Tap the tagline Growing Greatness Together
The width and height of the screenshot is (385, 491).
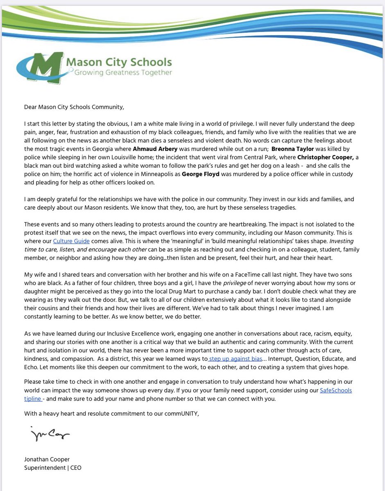[123, 72]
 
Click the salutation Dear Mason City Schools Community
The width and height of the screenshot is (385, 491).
[74, 108]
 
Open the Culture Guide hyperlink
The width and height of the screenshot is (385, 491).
[71, 241]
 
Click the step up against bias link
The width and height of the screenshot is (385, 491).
[235, 358]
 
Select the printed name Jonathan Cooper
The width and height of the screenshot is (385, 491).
[47, 459]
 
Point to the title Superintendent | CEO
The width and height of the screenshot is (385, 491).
[52, 467]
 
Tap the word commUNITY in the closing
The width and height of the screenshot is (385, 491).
[180, 414]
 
